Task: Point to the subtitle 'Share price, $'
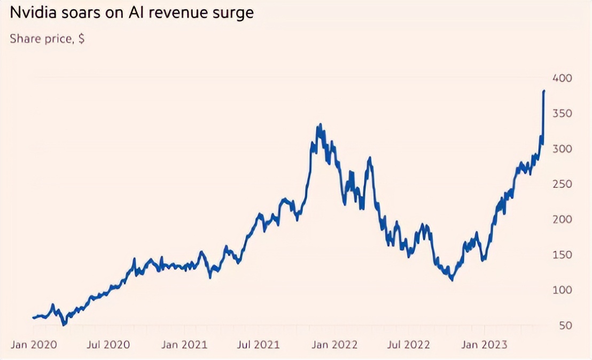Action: (47, 39)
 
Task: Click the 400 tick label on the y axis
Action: (562, 79)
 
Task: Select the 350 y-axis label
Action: (562, 114)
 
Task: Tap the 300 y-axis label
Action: (562, 149)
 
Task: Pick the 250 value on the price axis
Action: (562, 184)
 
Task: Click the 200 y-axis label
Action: (562, 220)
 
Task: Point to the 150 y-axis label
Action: (562, 255)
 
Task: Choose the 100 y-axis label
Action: (562, 290)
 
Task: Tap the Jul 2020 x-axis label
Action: (109, 345)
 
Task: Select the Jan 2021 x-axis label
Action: (184, 345)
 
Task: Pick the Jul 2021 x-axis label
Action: (259, 345)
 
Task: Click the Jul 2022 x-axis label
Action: (409, 345)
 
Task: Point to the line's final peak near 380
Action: (544, 91)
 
